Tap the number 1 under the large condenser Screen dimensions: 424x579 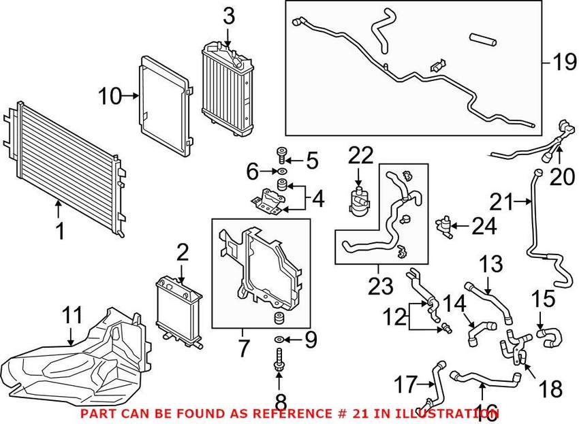[60, 231]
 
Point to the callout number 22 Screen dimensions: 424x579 [362, 156]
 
